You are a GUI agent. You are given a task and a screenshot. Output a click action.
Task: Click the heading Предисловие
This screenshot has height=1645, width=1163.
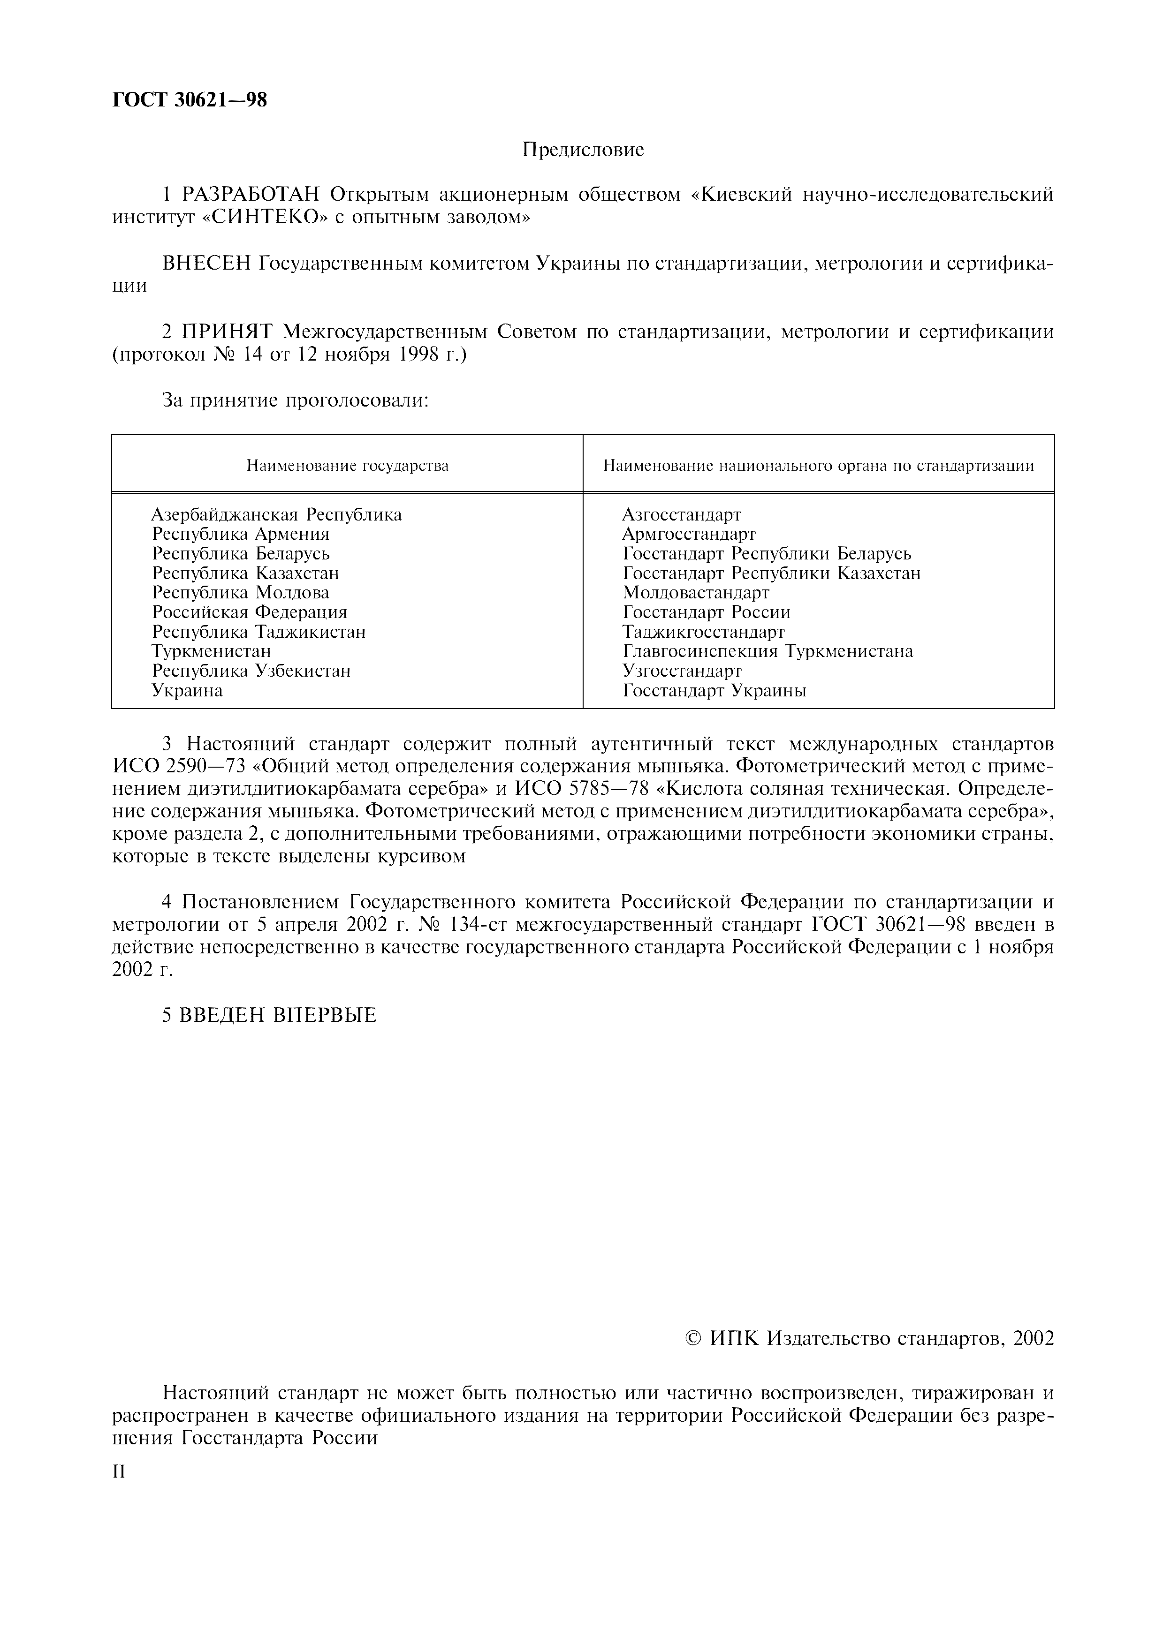point(583,150)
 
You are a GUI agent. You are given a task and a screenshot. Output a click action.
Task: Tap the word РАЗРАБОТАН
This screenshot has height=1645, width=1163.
point(254,194)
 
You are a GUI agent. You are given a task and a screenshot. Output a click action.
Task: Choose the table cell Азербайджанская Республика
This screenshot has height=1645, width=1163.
point(277,514)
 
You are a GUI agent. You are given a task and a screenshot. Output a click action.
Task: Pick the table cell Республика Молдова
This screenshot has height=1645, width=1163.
point(241,593)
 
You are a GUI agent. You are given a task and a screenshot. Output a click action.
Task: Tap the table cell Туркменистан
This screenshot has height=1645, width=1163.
point(212,651)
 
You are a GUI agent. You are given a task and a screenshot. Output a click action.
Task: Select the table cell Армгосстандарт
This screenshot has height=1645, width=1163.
point(689,534)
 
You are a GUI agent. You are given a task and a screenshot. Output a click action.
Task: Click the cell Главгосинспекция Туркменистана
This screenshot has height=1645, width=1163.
point(768,651)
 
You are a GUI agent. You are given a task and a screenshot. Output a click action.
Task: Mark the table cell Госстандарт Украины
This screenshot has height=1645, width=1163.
point(715,691)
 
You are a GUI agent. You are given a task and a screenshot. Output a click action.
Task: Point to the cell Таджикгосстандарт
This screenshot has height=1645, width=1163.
point(704,632)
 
